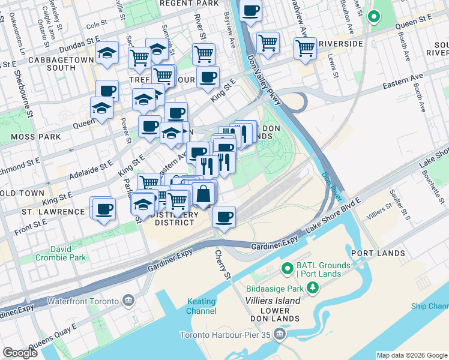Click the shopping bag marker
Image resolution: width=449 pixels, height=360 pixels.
coord(204,194)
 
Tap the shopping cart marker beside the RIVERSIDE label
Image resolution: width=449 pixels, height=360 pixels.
coord(305,47)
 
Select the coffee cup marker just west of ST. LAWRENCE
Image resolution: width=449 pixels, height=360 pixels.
coord(104,208)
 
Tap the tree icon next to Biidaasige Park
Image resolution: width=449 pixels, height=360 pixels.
coord(312,287)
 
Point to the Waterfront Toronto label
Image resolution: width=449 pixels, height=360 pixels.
coord(85,300)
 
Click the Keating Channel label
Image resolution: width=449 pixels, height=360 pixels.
coord(201,306)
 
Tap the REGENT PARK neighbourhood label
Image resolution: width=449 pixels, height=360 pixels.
coord(188,4)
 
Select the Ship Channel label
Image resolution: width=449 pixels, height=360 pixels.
coord(429,307)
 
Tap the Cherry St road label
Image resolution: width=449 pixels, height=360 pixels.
coord(222,264)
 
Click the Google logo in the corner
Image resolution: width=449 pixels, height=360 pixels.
coord(20,353)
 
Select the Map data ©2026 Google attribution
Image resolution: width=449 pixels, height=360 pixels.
coord(411,355)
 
